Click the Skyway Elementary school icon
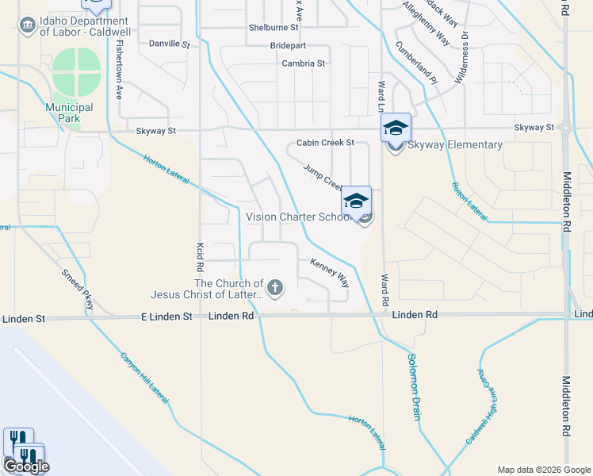pos(396,128)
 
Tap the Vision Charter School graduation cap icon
pos(356,200)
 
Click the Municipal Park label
pos(69,113)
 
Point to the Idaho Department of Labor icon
pos(29,25)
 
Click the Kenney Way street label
pos(329,272)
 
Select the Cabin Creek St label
pos(324,144)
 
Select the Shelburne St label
pos(273,27)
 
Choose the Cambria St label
pos(303,63)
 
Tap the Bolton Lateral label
pos(469,201)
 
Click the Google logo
pos(26,466)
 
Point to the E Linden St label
pos(166,316)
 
